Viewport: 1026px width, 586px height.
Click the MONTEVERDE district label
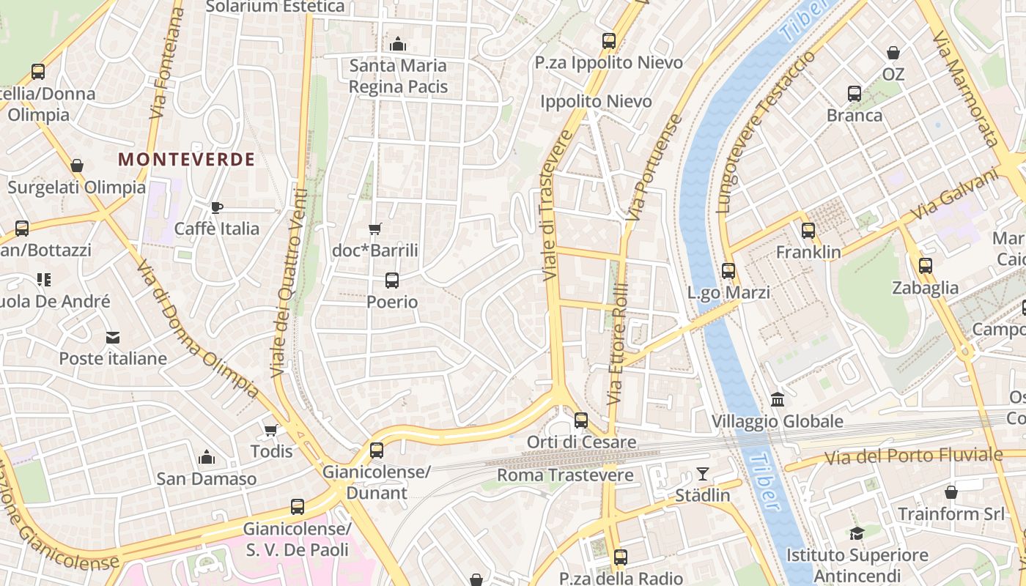[187, 159]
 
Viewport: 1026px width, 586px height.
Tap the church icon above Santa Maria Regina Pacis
[398, 45]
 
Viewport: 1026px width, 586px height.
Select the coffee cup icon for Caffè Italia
[216, 207]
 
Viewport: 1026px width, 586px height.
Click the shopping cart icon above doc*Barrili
[375, 229]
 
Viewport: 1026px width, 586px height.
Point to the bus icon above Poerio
[392, 280]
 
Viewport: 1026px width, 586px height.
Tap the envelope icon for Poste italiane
[113, 337]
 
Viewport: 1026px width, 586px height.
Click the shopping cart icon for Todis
[271, 430]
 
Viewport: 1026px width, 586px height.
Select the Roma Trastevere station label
[565, 475]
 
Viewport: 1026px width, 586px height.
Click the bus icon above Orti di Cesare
[581, 420]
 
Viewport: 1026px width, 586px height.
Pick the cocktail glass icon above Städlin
[703, 474]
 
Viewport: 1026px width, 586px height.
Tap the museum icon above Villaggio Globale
[778, 400]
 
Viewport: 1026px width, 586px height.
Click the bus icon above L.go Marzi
[728, 271]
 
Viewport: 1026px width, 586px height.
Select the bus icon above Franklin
[808, 231]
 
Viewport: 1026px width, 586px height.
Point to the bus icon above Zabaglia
[926, 266]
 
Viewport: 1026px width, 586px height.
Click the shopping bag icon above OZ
[893, 53]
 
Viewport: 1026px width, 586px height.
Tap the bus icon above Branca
[855, 94]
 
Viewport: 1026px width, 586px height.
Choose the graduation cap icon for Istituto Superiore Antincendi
[857, 533]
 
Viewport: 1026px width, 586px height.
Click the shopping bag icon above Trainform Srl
[951, 492]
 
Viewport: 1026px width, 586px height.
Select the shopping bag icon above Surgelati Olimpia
[77, 166]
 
